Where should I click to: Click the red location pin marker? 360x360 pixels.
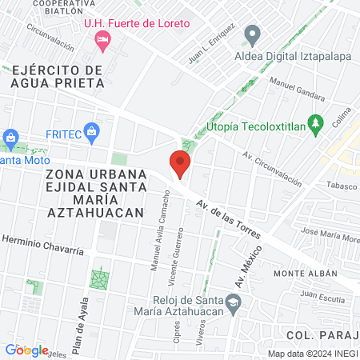tap(180, 165)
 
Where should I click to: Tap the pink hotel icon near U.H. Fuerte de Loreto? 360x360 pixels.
tap(102, 39)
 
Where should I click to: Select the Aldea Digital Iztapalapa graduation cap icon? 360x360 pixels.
tap(253, 36)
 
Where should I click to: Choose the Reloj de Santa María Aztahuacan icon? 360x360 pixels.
tap(233, 302)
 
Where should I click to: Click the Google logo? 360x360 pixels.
tap(26, 350)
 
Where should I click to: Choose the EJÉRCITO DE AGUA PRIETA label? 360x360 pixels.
tap(58, 76)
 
